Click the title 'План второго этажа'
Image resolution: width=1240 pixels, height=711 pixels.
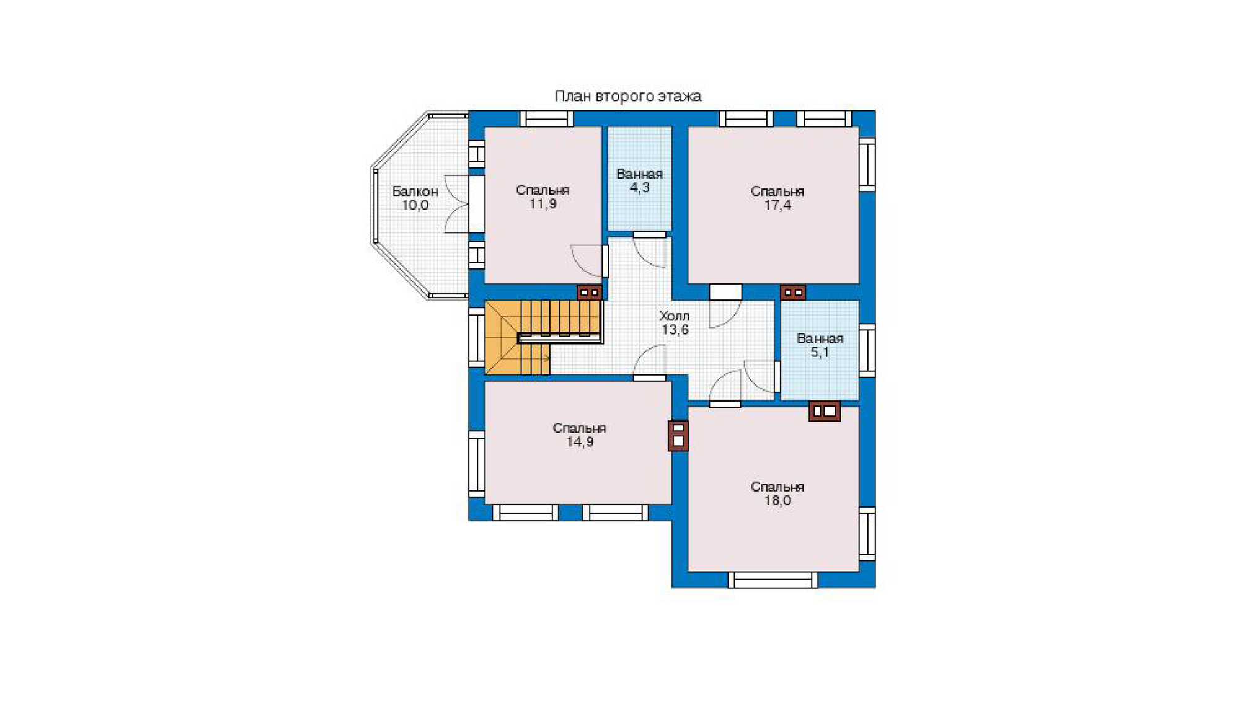(x=627, y=96)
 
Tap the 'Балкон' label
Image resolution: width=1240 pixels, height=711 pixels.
(x=415, y=192)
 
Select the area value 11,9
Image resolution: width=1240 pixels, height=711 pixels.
(x=542, y=204)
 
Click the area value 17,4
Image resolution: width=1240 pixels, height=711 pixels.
(x=777, y=205)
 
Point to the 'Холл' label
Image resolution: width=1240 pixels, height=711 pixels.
(x=674, y=316)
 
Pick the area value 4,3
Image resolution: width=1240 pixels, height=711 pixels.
(x=639, y=187)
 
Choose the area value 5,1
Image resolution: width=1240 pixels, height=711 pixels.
(x=820, y=352)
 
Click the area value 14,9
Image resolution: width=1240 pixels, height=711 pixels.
(x=580, y=442)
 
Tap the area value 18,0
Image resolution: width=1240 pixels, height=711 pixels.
(x=777, y=500)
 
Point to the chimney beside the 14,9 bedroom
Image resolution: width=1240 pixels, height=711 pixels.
(x=678, y=435)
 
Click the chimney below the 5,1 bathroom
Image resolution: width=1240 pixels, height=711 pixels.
(x=825, y=411)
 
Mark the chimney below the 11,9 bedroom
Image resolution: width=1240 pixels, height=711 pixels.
(x=589, y=292)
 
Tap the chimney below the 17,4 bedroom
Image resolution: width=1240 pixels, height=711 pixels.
(x=792, y=292)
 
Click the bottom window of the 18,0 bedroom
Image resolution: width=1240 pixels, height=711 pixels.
(x=773, y=580)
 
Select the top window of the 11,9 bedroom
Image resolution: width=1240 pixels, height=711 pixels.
(x=546, y=118)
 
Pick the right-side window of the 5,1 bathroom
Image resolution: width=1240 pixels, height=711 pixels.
(x=867, y=350)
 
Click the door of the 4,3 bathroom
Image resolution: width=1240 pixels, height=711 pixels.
(x=649, y=250)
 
